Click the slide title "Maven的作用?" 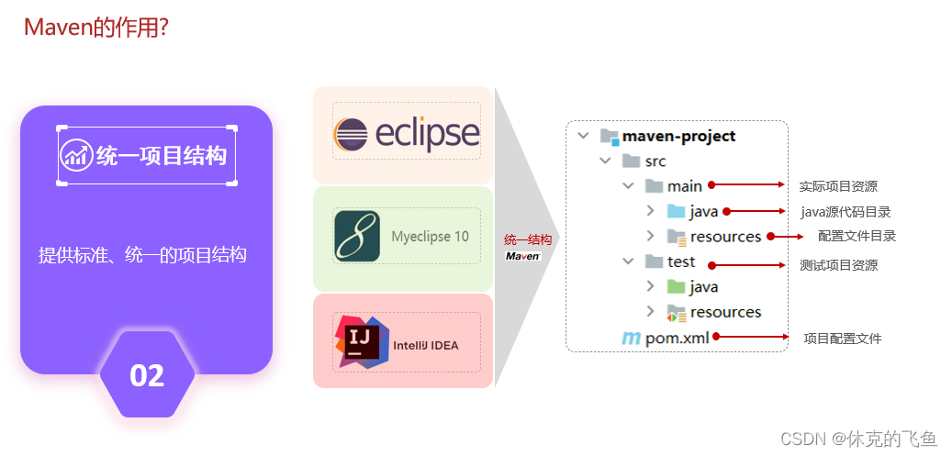(x=95, y=28)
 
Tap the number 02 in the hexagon (x=147, y=375)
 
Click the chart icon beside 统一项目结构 (x=76, y=155)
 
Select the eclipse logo (x=407, y=134)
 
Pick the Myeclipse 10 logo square (x=357, y=237)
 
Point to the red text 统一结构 (x=528, y=240)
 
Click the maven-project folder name (x=678, y=136)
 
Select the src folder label (x=655, y=161)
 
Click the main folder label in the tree (x=685, y=186)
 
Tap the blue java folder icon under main (x=677, y=212)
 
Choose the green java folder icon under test (x=677, y=287)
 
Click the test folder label (x=681, y=261)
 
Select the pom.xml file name (x=677, y=338)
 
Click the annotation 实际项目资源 (x=838, y=186)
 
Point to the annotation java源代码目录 (x=846, y=212)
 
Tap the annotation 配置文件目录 (x=857, y=236)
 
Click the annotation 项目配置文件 (x=842, y=339)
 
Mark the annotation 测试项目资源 (x=838, y=265)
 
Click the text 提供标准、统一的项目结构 (x=142, y=256)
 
